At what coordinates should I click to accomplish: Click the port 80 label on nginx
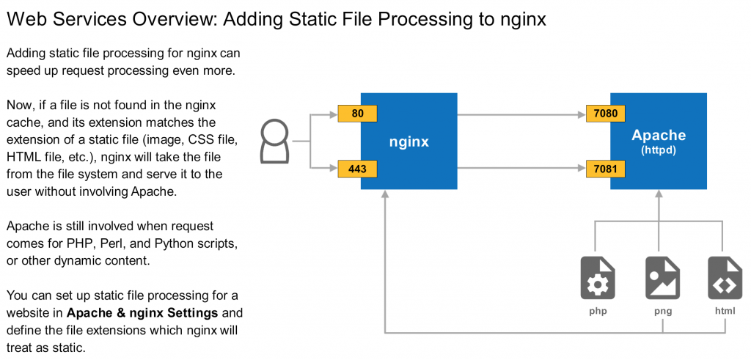click(357, 114)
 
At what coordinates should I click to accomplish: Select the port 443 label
click(357, 169)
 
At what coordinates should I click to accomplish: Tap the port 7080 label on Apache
click(606, 114)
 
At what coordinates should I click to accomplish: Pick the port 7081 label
click(606, 169)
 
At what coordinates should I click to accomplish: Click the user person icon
click(275, 142)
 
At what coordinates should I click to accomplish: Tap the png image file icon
click(659, 278)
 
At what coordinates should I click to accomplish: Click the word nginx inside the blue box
click(409, 142)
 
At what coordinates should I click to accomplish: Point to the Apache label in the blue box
click(659, 136)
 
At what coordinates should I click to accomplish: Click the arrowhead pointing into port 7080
click(582, 114)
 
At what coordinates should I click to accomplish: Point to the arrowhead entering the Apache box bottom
click(659, 194)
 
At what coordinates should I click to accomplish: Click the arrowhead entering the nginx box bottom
click(384, 194)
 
